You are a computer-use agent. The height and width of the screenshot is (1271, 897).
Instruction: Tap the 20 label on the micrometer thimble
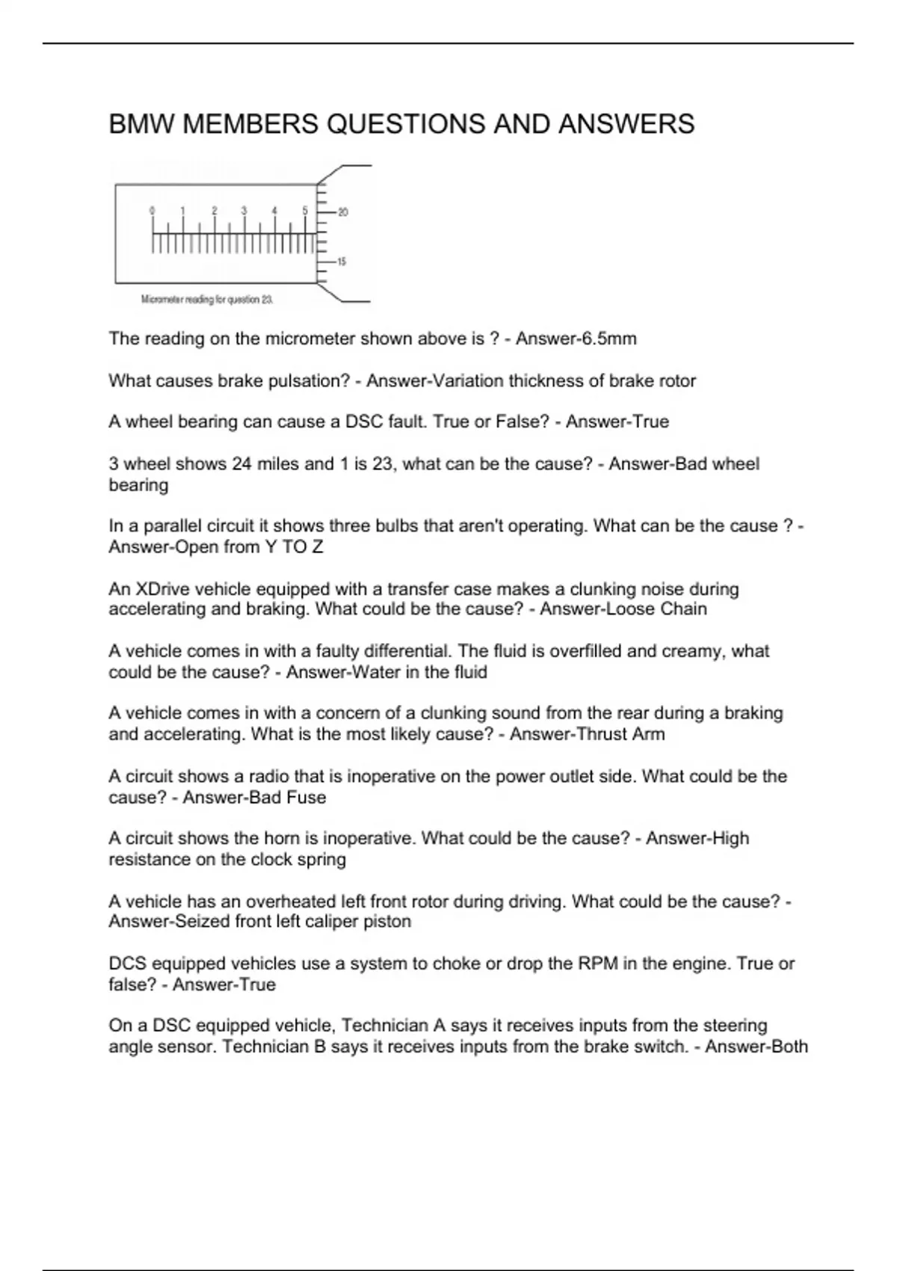click(x=343, y=212)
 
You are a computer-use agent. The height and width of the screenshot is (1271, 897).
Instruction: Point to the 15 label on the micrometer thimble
click(x=342, y=262)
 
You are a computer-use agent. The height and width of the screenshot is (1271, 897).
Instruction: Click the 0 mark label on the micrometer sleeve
click(x=152, y=211)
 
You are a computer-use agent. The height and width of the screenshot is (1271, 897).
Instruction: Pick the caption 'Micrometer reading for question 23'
click(x=207, y=300)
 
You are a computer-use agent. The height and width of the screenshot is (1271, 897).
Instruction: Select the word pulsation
click(x=310, y=381)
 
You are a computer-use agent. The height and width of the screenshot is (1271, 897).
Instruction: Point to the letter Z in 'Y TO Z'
click(x=318, y=547)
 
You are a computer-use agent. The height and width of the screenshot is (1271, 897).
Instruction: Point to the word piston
click(x=386, y=921)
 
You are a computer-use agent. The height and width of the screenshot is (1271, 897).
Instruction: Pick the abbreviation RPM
click(x=598, y=964)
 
